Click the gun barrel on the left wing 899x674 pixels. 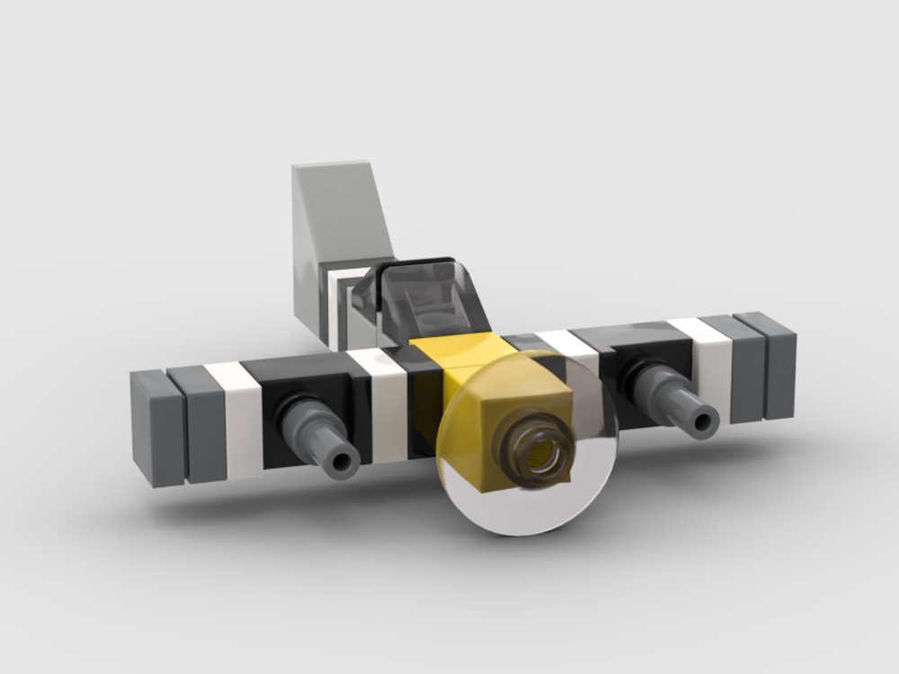(319, 436)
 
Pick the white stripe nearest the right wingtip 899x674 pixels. (710, 368)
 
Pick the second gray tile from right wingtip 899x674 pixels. (742, 368)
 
